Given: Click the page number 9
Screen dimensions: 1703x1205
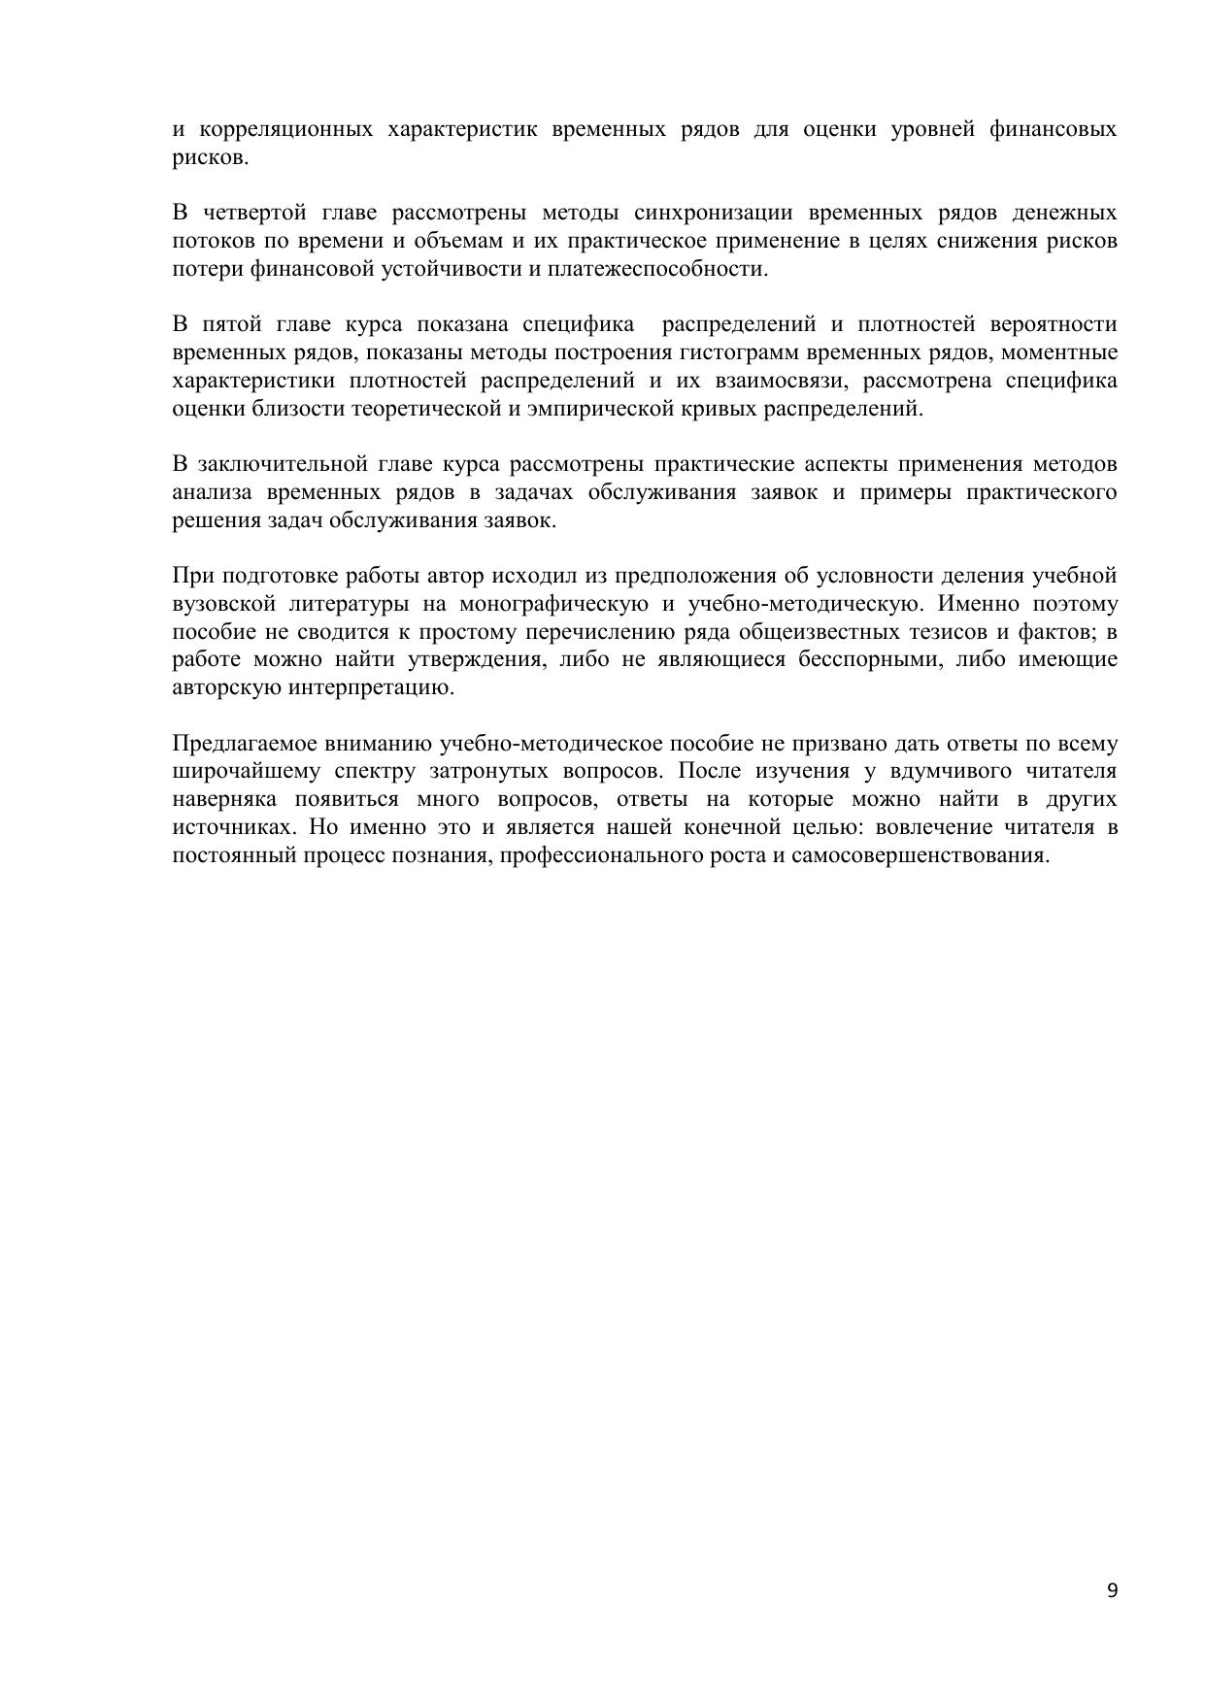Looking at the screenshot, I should click(1112, 1589).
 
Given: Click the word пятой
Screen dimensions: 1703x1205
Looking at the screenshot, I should click(232, 324).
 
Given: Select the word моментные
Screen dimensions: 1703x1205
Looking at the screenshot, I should click(1065, 351).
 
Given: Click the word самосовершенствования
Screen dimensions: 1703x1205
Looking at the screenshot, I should click(922, 855).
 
